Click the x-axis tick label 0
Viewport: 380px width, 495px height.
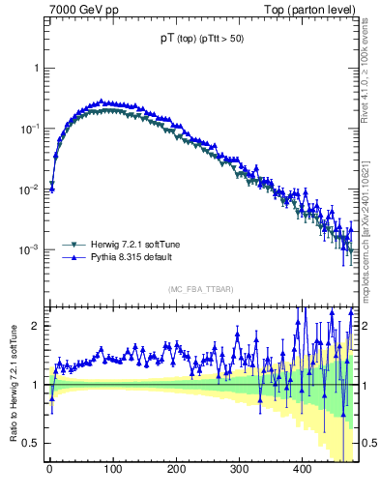click(x=49, y=469)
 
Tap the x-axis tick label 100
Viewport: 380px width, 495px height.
click(x=112, y=469)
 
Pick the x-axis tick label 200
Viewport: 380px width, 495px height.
click(x=176, y=469)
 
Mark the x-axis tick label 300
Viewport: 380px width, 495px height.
click(x=239, y=469)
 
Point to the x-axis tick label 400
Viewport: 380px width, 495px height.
click(x=302, y=469)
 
